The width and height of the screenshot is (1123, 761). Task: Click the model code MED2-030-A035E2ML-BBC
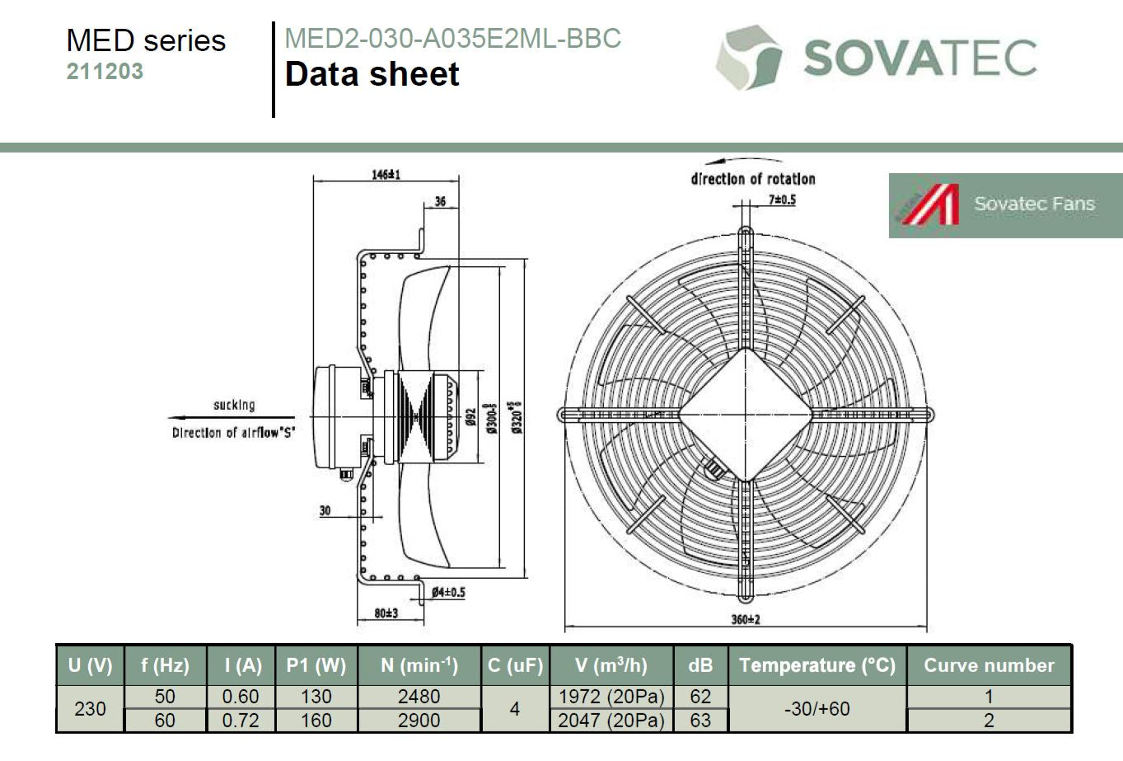point(452,38)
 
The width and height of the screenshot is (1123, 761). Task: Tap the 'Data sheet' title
point(372,74)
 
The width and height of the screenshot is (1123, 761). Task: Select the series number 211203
point(105,71)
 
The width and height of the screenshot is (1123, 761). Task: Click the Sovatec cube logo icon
point(749,58)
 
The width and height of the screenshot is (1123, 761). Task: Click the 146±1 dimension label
point(386,175)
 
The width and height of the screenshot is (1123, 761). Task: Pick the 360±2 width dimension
point(746,619)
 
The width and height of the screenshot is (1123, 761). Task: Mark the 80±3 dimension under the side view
point(386,613)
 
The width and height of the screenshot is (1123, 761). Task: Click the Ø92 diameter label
point(470,417)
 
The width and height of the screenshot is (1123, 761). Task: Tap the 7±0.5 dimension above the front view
point(782,200)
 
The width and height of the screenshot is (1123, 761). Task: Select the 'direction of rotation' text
point(753,179)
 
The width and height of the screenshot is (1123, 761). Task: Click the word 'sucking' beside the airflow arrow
point(234,405)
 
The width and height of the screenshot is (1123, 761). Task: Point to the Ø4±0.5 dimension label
point(448,593)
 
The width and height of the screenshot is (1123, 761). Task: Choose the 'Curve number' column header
point(989,665)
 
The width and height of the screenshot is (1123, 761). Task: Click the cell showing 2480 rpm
point(419,697)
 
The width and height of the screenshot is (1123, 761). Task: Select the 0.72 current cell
point(241,721)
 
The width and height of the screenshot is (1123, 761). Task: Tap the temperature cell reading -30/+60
point(817,708)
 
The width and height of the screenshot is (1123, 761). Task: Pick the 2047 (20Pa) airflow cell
point(611,721)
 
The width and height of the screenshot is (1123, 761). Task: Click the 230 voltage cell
point(91,708)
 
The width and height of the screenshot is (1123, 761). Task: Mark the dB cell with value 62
point(700,697)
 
